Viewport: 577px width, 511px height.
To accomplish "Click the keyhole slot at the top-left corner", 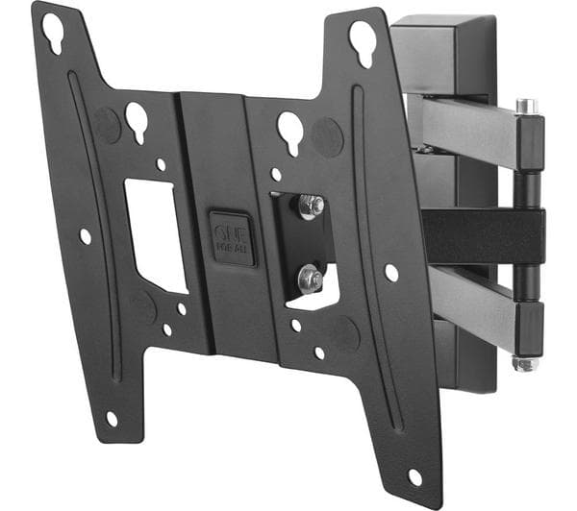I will coord(52,33).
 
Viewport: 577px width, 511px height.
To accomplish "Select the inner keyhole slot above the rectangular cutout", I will coord(137,120).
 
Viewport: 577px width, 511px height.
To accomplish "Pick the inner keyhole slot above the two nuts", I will coord(290,130).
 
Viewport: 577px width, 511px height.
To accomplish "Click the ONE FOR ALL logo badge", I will coord(232,237).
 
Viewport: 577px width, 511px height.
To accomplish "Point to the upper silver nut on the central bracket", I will coord(310,206).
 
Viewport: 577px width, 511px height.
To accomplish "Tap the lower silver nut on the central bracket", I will coord(310,278).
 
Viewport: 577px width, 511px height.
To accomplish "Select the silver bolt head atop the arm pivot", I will coord(524,106).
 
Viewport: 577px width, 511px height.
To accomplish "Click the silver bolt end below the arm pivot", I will coord(525,363).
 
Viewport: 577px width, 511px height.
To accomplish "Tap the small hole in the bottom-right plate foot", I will coord(414,476).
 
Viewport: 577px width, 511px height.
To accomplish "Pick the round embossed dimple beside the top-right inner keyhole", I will coord(327,137).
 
